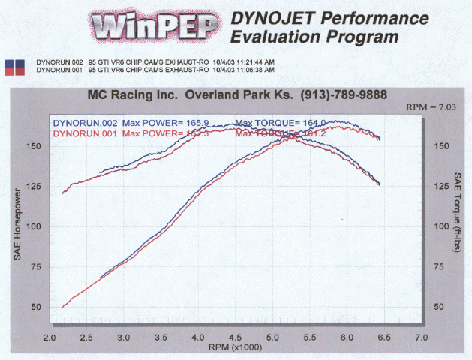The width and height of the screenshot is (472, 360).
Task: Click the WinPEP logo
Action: coord(155,28)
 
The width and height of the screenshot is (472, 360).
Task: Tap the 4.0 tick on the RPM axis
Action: coord(198,337)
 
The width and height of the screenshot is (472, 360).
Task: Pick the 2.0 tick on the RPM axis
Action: coord(50,337)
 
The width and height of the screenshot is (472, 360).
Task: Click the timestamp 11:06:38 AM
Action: coord(233,69)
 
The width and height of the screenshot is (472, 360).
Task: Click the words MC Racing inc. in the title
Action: coord(128,96)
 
